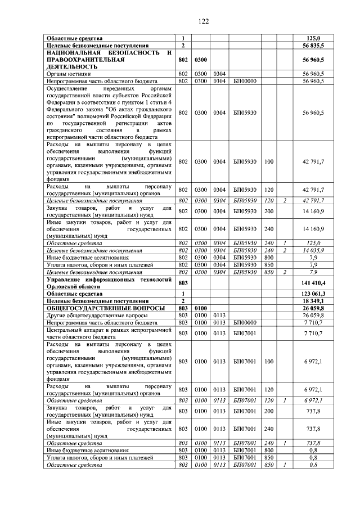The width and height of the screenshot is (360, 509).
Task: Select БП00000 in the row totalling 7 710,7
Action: (x=245, y=323)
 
